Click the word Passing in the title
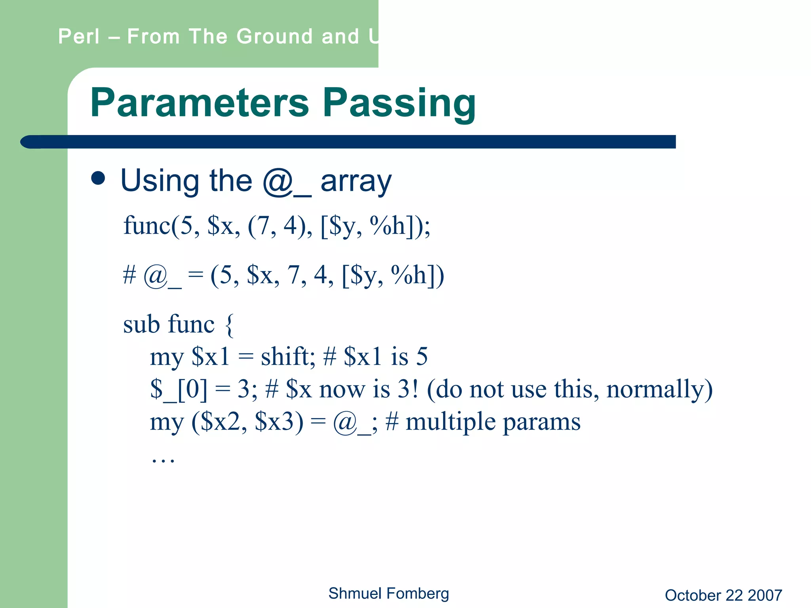point(399,104)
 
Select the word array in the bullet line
point(356,182)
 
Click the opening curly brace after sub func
point(229,325)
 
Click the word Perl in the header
point(78,36)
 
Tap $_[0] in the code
point(179,389)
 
